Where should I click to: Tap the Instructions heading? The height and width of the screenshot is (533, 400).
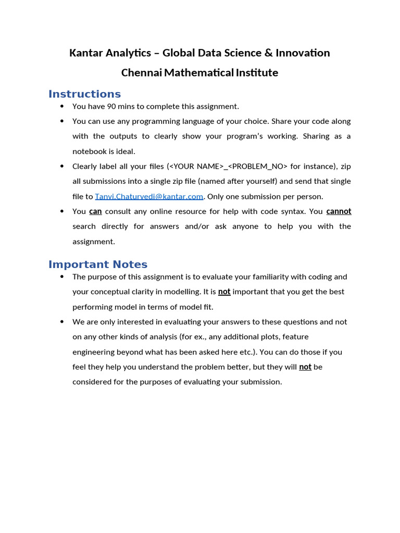tap(84, 94)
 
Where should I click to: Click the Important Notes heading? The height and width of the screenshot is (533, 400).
tap(98, 264)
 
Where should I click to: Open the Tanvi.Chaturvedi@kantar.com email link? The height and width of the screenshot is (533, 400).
tap(149, 196)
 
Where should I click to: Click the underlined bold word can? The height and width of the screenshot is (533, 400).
tap(95, 211)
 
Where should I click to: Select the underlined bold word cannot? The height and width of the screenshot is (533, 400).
tap(339, 211)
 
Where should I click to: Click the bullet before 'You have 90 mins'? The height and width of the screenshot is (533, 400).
tap(63, 106)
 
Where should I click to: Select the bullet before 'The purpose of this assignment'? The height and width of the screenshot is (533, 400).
tap(63, 276)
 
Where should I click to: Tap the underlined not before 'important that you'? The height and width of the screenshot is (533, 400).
tap(224, 291)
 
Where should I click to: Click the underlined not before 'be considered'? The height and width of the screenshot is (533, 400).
tap(305, 367)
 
